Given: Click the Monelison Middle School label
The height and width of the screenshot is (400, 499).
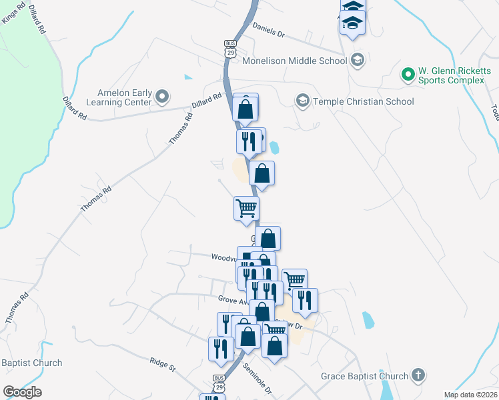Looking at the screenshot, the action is pos(294,61).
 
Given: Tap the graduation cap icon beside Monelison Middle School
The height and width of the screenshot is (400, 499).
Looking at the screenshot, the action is pos(358,61).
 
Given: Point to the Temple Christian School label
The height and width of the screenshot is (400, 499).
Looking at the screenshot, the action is pos(364,101).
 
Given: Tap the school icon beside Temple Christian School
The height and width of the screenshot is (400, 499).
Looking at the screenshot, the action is pos(302,101).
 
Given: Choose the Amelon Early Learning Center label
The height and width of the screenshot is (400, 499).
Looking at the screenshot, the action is pos(119,98).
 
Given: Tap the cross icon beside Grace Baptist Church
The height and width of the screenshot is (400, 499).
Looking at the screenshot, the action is pos(418,376).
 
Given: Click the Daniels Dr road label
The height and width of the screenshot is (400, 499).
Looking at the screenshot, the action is pos(268,31).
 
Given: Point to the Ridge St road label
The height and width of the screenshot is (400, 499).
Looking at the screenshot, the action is pos(162,364).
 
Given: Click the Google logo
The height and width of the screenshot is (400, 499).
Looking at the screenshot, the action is pos(22,392).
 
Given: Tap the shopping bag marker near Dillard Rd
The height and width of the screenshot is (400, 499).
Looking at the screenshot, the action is pos(245,108).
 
